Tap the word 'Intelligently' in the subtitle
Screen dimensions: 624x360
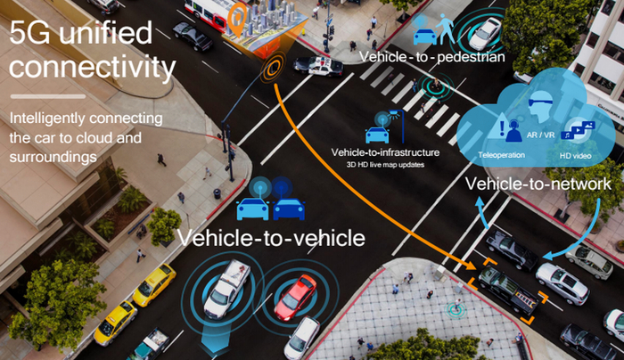(x=52, y=119)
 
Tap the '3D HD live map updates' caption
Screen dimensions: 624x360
(x=384, y=165)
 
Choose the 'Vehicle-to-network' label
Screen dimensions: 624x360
(x=538, y=184)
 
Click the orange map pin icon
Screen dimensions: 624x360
(x=236, y=16)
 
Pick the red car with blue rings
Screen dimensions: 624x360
(x=295, y=297)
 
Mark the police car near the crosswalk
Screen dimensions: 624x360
(x=317, y=64)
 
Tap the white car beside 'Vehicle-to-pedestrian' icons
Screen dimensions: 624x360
(x=486, y=33)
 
